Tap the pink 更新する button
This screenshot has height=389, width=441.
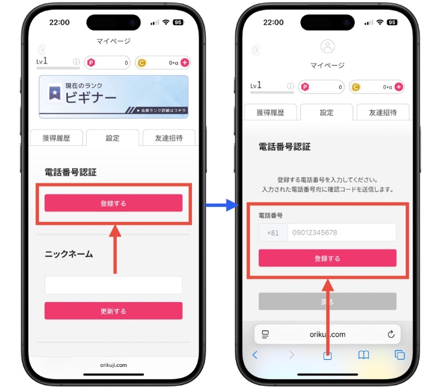[x=113, y=311]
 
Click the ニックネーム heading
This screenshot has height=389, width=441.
[x=69, y=253]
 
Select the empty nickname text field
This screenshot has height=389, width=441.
[x=113, y=285]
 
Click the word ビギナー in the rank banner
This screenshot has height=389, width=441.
[x=90, y=98]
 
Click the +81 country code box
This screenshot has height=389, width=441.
[x=272, y=233]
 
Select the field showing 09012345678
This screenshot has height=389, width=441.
[x=341, y=233]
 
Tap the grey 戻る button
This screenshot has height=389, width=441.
[x=328, y=301]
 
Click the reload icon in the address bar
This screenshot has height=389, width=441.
[x=390, y=335]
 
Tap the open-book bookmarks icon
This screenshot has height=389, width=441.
[x=364, y=355]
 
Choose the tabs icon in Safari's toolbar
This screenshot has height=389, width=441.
[x=399, y=355]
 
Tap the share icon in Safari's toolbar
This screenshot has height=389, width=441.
[x=328, y=355]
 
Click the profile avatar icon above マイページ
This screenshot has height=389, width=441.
[x=328, y=47]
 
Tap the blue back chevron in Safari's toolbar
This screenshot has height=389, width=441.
[x=255, y=355]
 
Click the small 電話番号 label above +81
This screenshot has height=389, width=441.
[x=270, y=215]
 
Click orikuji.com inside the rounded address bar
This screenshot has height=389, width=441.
[x=328, y=335]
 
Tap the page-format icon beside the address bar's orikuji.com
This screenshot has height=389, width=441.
[x=265, y=335]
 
